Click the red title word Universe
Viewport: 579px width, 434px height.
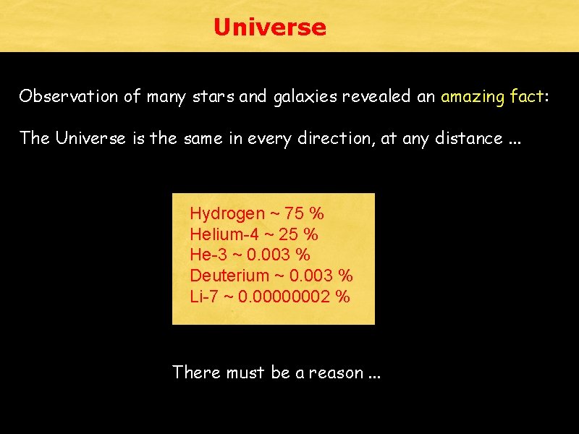coord(270,27)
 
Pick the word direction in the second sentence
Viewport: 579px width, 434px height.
coord(339,137)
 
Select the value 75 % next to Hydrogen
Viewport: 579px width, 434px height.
coord(305,214)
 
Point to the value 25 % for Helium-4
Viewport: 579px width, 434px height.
coord(300,234)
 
